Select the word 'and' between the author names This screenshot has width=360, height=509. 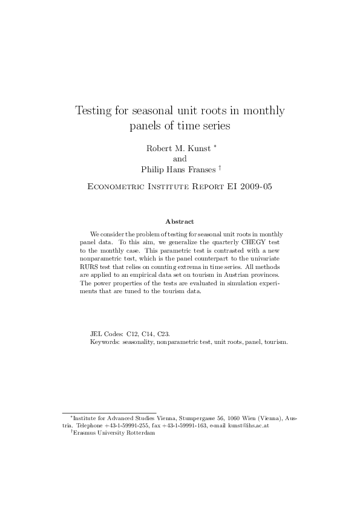[180, 159]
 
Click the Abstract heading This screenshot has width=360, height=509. [179, 222]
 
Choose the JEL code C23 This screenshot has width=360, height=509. [164, 333]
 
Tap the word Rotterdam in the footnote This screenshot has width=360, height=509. [140, 433]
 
